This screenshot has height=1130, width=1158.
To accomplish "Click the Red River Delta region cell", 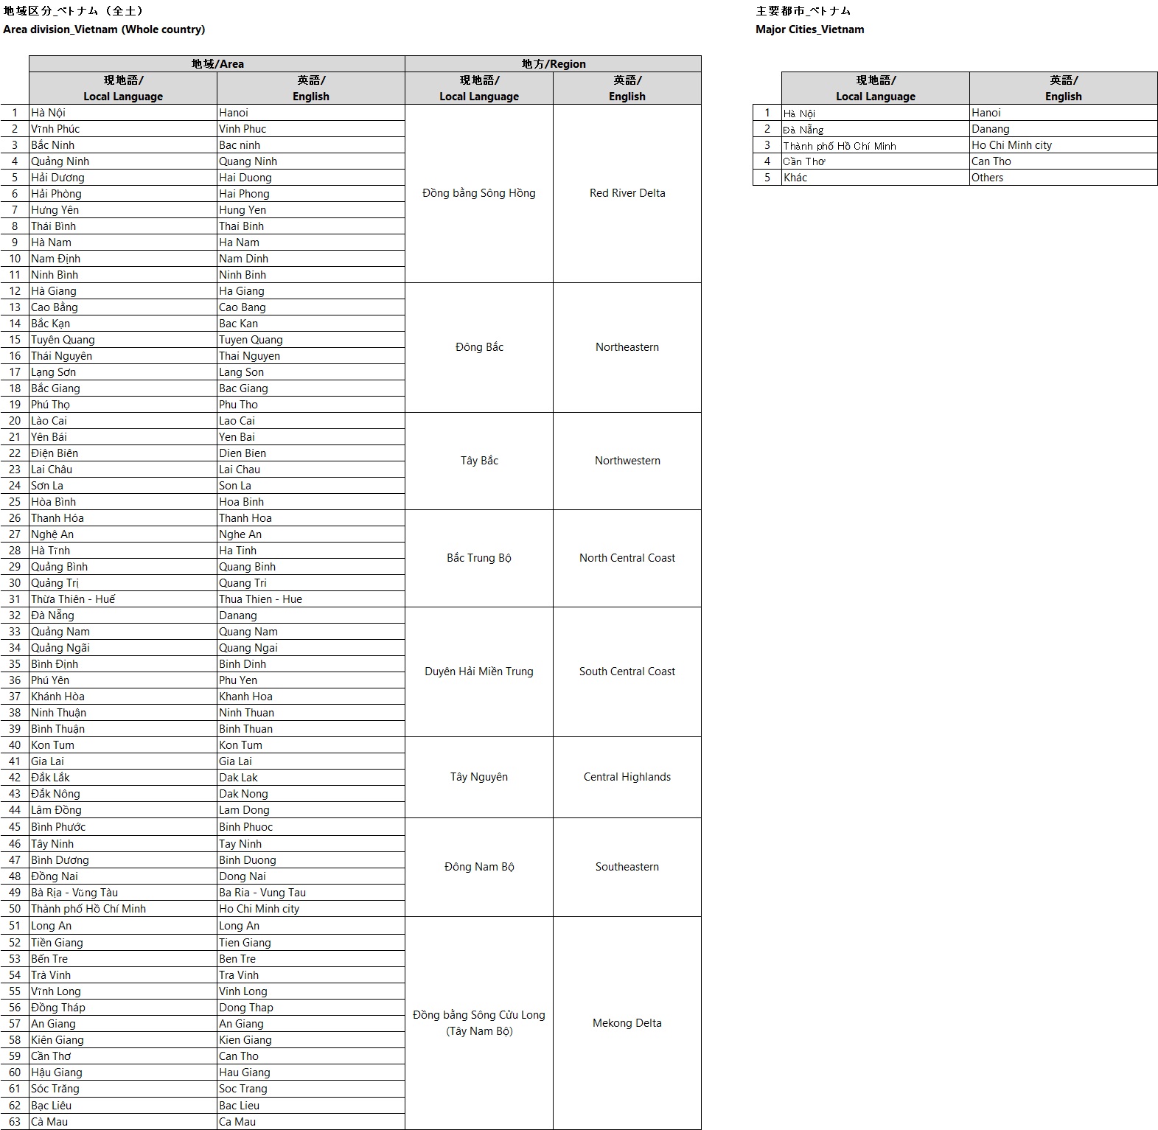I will click(627, 193).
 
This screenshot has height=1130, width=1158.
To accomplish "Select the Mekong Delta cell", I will click(627, 1023).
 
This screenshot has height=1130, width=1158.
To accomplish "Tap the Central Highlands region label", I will click(627, 777).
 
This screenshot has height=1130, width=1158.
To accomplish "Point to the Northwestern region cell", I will click(627, 461).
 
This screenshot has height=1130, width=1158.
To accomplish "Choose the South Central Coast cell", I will click(627, 672).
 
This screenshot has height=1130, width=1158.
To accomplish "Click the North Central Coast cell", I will click(627, 558).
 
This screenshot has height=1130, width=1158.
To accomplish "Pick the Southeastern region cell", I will click(627, 867).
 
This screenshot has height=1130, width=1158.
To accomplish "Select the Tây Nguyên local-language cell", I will click(479, 777).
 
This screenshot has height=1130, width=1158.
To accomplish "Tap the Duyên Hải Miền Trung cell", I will click(479, 672).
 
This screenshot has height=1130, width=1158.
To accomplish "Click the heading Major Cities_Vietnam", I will click(810, 29).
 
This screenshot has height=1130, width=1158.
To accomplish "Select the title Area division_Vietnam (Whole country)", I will click(104, 29).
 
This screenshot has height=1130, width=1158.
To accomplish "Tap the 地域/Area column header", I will click(217, 64).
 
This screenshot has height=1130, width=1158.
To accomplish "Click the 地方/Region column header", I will click(554, 64).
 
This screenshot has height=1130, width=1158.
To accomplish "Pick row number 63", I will click(15, 1122).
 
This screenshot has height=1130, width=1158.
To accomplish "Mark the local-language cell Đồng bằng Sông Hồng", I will click(479, 193).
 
